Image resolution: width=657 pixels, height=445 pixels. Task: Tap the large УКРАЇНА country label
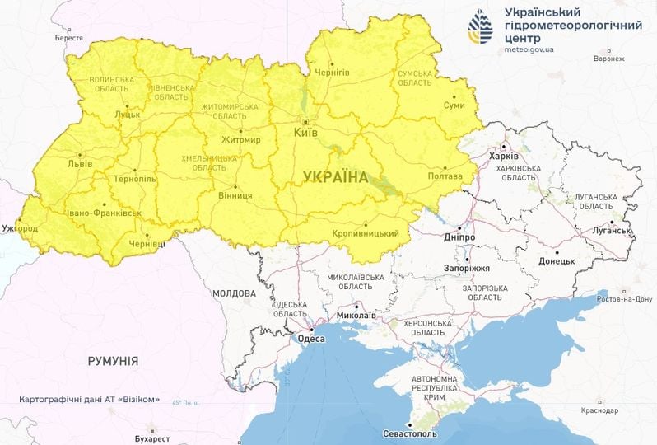click(336, 176)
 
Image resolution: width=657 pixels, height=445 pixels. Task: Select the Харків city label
click(504, 156)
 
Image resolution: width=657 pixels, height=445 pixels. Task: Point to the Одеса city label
click(311, 339)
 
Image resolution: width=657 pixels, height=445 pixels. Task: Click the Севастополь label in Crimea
click(410, 433)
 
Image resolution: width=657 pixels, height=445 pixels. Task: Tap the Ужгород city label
click(21, 227)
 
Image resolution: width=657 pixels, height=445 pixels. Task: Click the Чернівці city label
click(147, 244)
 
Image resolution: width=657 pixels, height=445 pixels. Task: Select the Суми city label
click(454, 105)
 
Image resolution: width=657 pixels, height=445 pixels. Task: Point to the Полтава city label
click(446, 176)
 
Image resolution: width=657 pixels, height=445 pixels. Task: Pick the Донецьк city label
click(557, 261)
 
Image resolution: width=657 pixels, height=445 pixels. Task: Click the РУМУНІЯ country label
click(113, 361)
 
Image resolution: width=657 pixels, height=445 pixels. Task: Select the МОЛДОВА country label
click(235, 293)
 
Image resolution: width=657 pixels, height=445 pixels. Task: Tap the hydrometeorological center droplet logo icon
click(481, 27)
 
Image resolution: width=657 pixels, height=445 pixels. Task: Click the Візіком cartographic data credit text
click(89, 400)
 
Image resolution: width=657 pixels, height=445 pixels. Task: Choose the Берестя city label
click(69, 38)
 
